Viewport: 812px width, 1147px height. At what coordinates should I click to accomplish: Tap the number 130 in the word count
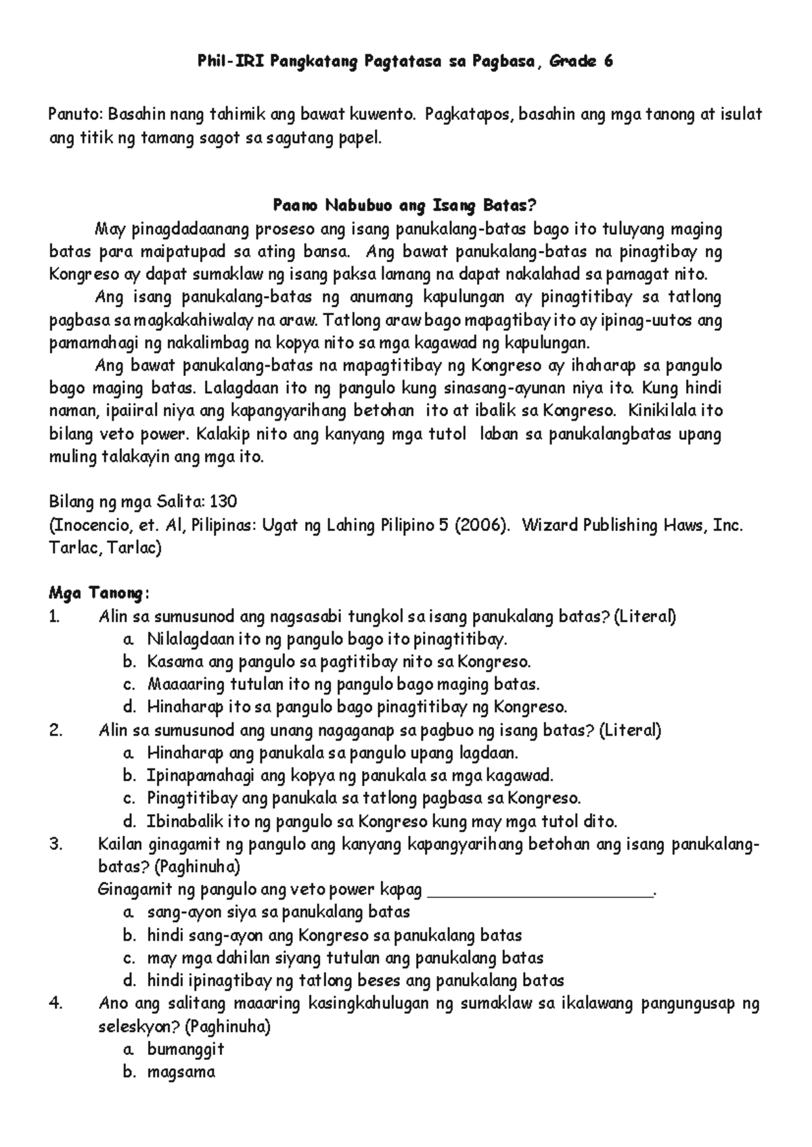click(223, 502)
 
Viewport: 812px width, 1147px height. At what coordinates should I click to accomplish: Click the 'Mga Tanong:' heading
click(99, 594)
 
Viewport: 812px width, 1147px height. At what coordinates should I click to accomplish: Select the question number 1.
click(55, 617)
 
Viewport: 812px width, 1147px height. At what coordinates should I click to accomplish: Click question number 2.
click(56, 730)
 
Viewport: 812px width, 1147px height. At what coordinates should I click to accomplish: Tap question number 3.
click(56, 844)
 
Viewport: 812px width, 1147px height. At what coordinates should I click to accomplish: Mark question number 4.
click(56, 1004)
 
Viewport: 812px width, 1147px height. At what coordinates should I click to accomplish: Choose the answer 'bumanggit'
click(185, 1050)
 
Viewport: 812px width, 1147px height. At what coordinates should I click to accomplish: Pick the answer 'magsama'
click(181, 1072)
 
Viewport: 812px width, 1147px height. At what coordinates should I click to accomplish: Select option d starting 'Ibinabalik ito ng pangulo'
click(382, 822)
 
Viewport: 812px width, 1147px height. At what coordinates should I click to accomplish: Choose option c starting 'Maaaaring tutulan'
click(343, 684)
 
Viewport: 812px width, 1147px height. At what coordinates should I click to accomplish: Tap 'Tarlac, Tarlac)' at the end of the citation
click(106, 548)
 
